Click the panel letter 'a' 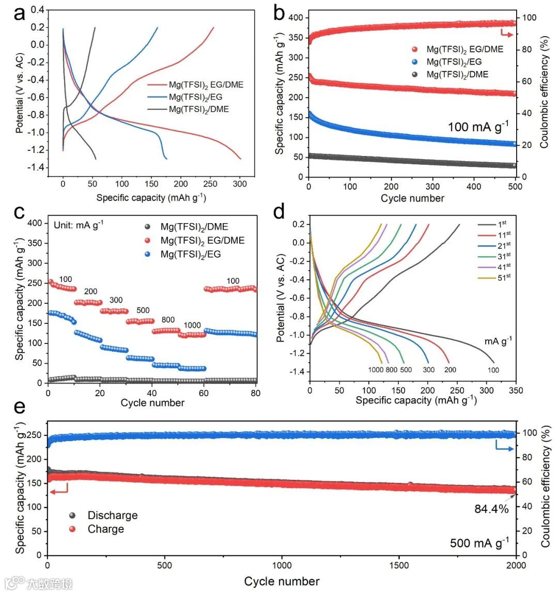pos(20,14)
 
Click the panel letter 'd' pos(280,212)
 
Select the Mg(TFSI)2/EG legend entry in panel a pos(196,97)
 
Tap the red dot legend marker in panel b pos(414,50)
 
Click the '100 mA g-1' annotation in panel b pos(478,126)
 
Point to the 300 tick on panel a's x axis pos(240,183)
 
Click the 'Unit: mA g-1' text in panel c pos(79,225)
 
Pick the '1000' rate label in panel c pos(192,325)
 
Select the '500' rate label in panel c pos(143,310)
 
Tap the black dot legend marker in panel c pos(148,227)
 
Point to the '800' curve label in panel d pos(391,370)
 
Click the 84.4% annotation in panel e pos(491,509)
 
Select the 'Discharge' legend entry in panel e pos(112,515)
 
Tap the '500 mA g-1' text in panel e pos(479,542)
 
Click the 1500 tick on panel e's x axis pos(399,565)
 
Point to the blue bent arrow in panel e pos(504,445)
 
